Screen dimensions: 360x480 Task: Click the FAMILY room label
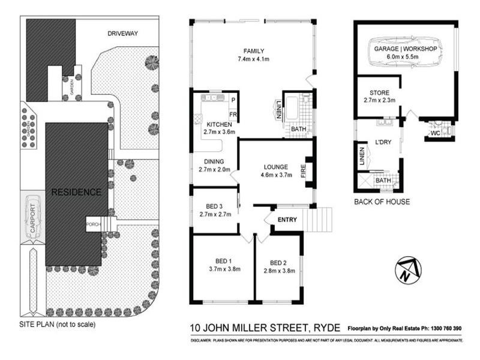pyautogui.click(x=253, y=50)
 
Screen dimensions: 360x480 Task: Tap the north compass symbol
pyautogui.click(x=408, y=271)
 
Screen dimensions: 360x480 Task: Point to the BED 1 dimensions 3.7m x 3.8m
pyautogui.click(x=224, y=269)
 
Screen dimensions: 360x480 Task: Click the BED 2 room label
pyautogui.click(x=278, y=262)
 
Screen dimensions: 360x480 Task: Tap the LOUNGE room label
pyautogui.click(x=274, y=167)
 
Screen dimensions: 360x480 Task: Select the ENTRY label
pyautogui.click(x=287, y=220)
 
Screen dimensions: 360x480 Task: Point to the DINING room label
pyautogui.click(x=214, y=161)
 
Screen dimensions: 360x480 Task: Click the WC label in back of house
pyautogui.click(x=436, y=133)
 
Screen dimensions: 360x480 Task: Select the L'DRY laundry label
pyautogui.click(x=383, y=142)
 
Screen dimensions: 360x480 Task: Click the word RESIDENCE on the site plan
pyautogui.click(x=76, y=193)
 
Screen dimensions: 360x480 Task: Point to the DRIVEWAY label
pyautogui.click(x=122, y=34)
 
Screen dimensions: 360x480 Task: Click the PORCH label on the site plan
pyautogui.click(x=93, y=225)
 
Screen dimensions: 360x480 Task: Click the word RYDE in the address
pyautogui.click(x=326, y=328)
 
